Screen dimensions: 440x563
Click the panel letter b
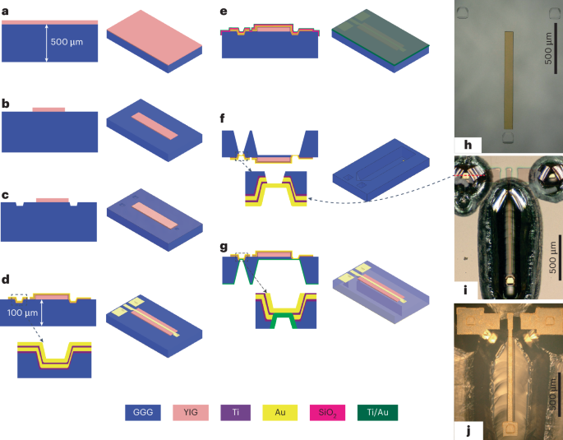click(6, 104)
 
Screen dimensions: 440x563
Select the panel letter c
click(6, 195)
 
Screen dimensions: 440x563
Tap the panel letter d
click(6, 280)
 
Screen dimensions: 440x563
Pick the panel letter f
click(224, 118)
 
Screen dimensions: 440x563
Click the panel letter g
click(224, 245)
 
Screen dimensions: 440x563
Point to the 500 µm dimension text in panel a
click(71, 42)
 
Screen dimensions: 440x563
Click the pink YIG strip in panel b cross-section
click(48, 109)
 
